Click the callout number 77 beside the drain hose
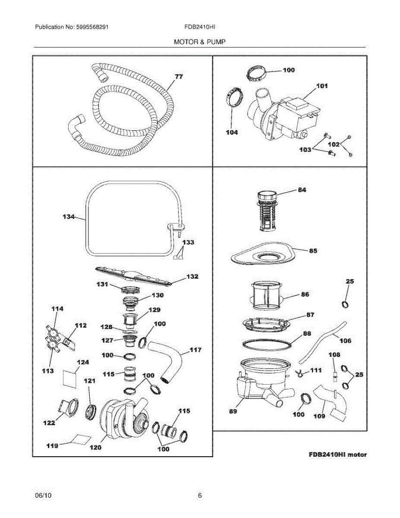point(179,77)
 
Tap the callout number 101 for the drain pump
point(322,86)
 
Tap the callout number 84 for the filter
point(302,190)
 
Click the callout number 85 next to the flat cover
point(313,250)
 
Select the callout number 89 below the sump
point(233,411)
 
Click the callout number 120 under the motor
point(95,448)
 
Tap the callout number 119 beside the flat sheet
point(53,445)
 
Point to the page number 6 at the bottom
point(200,496)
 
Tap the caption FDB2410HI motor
point(338,455)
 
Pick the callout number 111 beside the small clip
point(316,370)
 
